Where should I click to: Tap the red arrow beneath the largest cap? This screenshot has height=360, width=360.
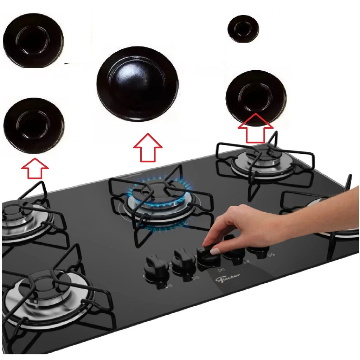(x=148, y=148)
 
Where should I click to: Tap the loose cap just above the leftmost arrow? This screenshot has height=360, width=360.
(x=34, y=125)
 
